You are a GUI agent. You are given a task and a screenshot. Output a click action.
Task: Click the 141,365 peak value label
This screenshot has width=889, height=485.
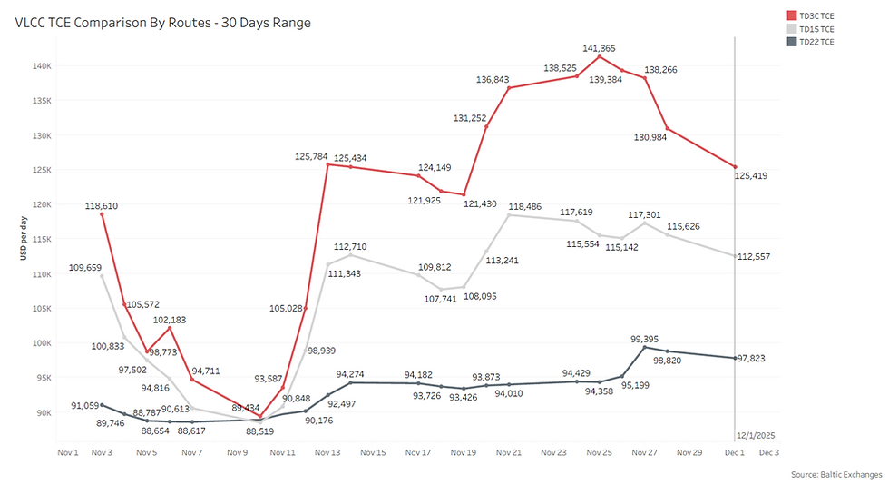pos(601,47)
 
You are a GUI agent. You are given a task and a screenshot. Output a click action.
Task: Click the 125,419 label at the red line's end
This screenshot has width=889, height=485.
pos(751,175)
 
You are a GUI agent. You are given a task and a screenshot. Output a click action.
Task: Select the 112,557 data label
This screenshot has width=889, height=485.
pos(751,256)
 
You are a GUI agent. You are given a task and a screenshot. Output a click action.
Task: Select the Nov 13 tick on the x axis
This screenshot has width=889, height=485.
pos(327,452)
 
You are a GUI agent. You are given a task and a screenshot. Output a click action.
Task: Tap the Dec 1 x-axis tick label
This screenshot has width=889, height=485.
pos(735,452)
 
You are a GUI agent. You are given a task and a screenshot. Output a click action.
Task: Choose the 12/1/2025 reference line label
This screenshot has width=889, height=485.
pos(756,435)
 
